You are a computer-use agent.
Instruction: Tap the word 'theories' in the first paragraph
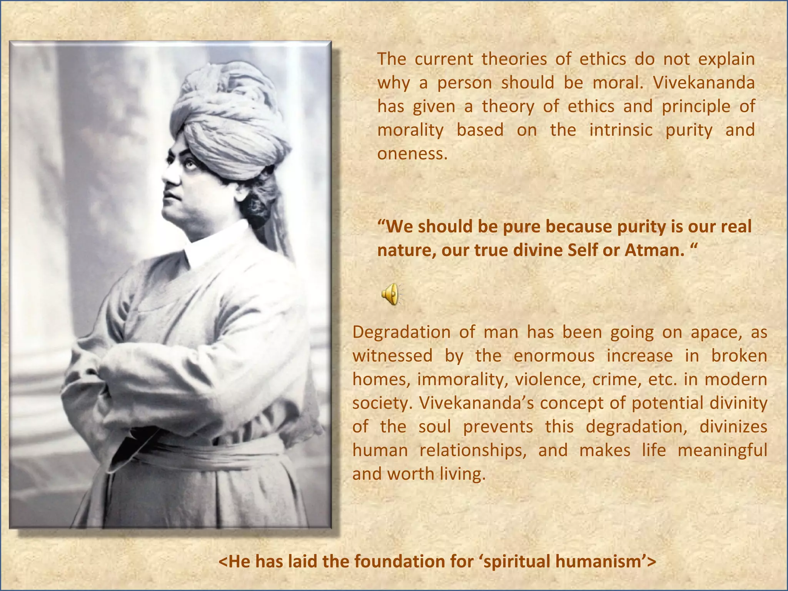[514, 59]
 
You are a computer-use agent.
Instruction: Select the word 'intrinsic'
[621, 130]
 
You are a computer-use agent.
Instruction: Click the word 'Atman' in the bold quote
[654, 250]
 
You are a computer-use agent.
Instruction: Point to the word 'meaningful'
[722, 450]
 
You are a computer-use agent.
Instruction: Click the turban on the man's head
[227, 115]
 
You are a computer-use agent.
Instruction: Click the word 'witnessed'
[392, 356]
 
